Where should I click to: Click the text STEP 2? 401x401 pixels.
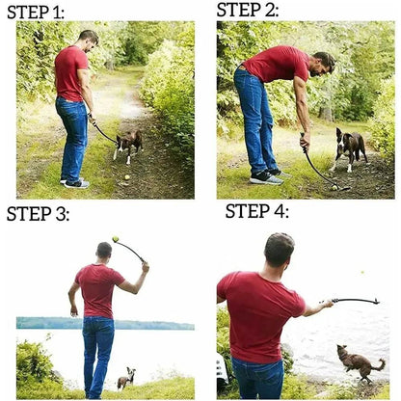247,11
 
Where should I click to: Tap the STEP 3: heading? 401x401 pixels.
38,214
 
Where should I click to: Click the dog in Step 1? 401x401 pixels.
127,143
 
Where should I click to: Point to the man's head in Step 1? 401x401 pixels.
88,40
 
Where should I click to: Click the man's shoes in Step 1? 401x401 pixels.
74,182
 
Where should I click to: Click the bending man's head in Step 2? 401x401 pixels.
324,64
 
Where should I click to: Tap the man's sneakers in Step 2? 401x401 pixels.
266,177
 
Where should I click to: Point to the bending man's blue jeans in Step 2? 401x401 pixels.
255,120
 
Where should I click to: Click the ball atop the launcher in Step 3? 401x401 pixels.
116,239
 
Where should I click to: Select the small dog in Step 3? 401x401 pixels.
126,378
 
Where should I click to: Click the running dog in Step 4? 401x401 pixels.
360,362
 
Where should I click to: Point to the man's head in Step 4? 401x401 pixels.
279,250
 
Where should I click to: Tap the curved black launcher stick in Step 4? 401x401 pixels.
355,300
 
